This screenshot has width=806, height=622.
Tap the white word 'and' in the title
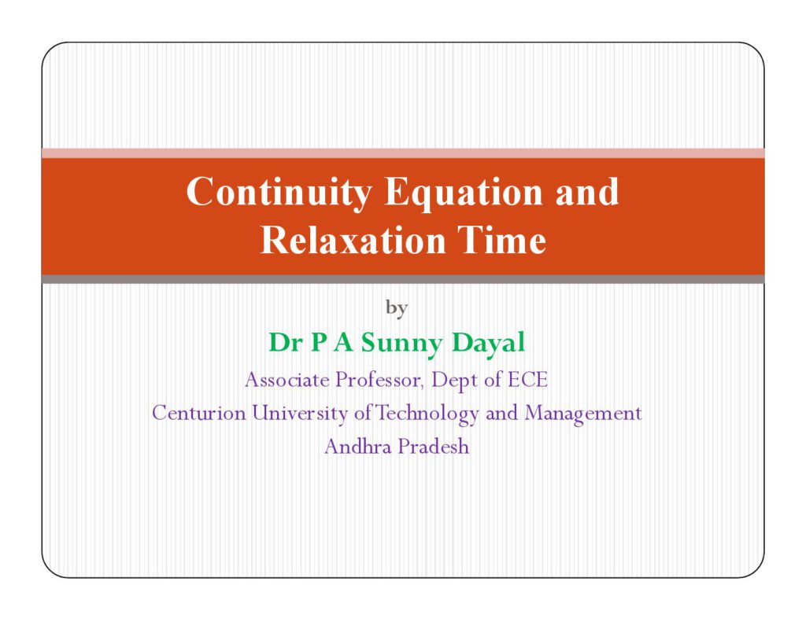pos(587,192)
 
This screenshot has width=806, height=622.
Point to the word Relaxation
pos(353,240)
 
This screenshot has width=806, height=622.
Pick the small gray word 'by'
pos(397,308)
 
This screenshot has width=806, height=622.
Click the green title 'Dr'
pos(285,343)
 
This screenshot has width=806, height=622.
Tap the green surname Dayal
pos(488,343)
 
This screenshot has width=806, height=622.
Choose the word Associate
pos(287,380)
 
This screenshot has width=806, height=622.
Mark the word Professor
pos(379,381)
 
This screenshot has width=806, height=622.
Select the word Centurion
pos(199,413)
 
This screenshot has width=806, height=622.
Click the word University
pos(299,414)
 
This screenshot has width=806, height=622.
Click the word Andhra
pos(358,447)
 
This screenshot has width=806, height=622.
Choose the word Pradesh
pos(434,447)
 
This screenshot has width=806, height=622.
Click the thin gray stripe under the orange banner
pos(403,279)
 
